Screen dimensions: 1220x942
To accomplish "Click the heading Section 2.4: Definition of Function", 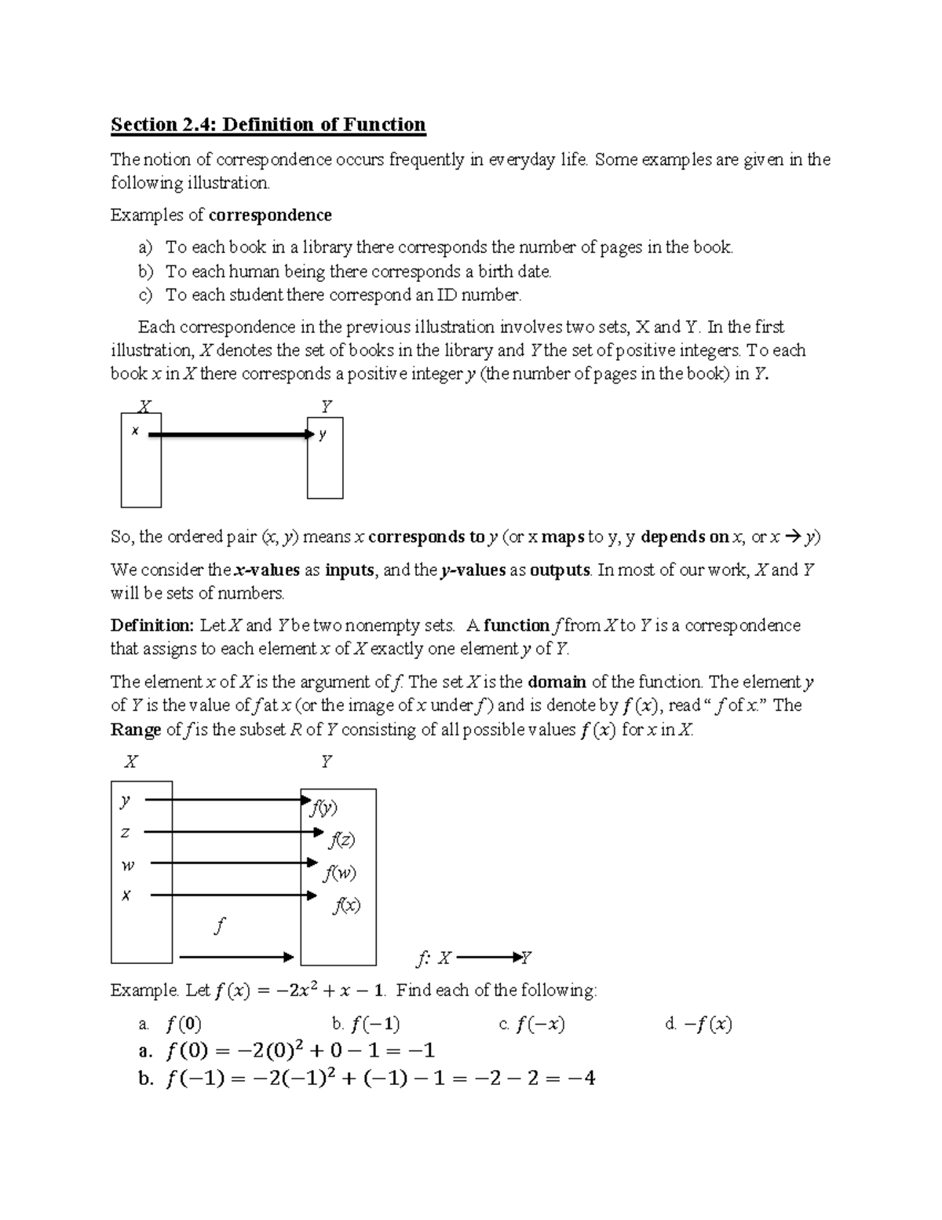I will [x=268, y=125].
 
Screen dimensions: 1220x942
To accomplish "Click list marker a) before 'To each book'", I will [x=146, y=247].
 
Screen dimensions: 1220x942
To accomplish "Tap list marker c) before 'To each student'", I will [x=145, y=295].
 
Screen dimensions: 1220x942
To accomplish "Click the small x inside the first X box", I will [x=135, y=430].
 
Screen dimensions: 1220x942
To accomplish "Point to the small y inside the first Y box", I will [x=323, y=434].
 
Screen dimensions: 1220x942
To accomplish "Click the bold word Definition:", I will [x=152, y=626].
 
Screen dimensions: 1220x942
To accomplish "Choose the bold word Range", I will [x=136, y=730].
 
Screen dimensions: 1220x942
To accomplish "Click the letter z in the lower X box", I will [x=126, y=832].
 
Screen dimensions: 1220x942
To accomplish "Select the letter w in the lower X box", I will [x=127, y=865].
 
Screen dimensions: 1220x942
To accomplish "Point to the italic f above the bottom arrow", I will [x=220, y=926].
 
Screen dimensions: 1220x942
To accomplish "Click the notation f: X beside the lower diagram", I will [x=433, y=958].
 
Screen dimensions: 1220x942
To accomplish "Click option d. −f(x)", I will [x=699, y=1024].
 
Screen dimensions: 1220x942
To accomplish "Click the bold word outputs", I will [x=560, y=570].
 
